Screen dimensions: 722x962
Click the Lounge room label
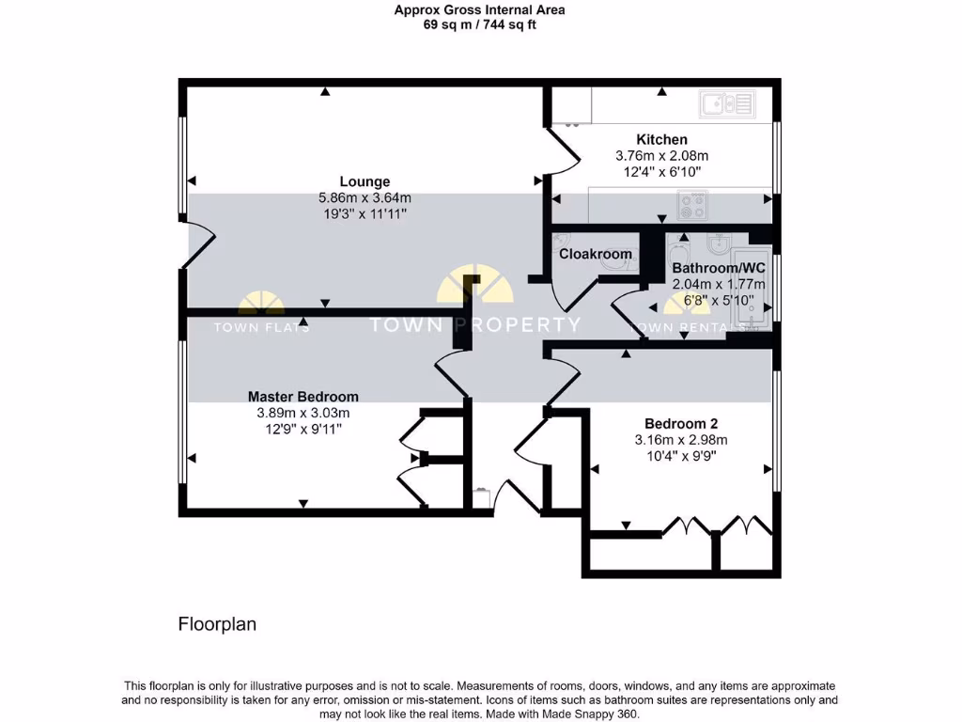click(365, 181)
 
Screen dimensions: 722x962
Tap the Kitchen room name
click(661, 139)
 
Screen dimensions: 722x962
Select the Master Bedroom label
click(303, 397)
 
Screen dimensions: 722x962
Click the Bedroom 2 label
click(681, 423)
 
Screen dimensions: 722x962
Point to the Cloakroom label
click(596, 254)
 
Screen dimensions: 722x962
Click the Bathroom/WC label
click(719, 268)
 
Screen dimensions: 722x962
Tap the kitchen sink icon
click(726, 102)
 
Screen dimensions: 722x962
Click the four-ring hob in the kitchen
click(694, 201)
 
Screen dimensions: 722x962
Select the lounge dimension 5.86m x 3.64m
click(365, 197)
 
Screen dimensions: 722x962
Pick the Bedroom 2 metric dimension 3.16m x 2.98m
click(681, 439)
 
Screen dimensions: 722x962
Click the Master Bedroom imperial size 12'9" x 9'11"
click(303, 429)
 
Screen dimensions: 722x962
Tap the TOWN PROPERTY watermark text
click(474, 325)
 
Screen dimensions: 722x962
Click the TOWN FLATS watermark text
click(262, 327)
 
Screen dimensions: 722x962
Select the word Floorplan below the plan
click(217, 623)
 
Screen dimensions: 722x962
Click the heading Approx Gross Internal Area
click(479, 10)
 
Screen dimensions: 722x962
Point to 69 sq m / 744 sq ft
click(479, 25)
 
